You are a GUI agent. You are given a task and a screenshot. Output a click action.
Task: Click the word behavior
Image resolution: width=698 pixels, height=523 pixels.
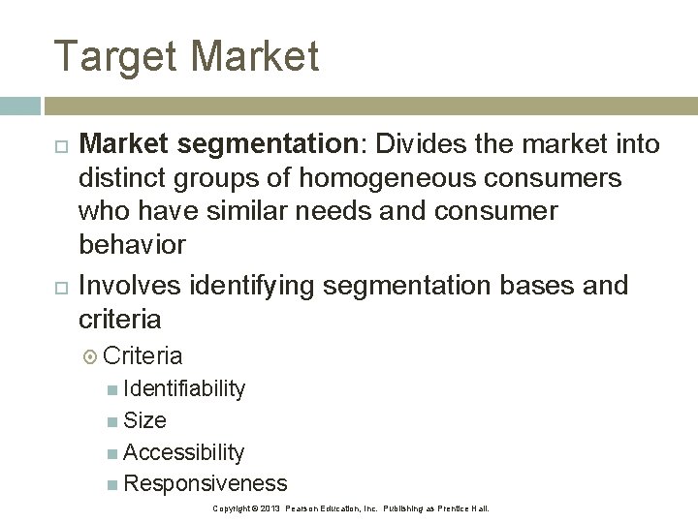pos(132,244)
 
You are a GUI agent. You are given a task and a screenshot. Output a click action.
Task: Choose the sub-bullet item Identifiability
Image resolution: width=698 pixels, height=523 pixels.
pos(184,388)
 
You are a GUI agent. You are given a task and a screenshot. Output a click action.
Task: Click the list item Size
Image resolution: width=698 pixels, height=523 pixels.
pos(145,420)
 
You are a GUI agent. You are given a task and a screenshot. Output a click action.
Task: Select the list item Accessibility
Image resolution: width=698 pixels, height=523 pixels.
pos(184,452)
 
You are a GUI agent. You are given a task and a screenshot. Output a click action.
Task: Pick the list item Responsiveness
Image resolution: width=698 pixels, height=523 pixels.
pos(206,483)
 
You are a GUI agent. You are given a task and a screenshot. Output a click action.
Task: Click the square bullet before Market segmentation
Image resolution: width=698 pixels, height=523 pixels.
pos(61,145)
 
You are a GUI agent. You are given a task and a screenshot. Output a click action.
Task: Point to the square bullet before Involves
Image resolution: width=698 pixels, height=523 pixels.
pos(61,286)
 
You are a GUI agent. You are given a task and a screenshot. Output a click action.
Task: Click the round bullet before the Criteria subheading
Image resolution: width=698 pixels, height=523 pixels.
pos(91,356)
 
